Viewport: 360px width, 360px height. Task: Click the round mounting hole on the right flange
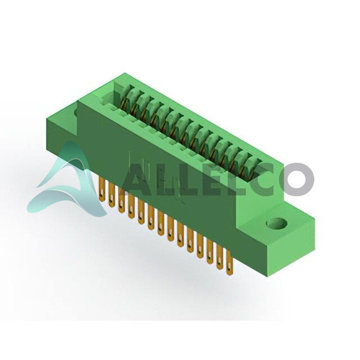(x=277, y=223)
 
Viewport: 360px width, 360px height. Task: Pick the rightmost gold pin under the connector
(x=229, y=263)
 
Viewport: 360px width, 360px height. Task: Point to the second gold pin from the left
(x=112, y=195)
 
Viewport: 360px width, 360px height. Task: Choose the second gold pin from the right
(x=220, y=258)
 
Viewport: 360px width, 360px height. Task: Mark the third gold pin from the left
(x=121, y=200)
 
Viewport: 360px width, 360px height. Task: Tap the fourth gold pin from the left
(x=131, y=206)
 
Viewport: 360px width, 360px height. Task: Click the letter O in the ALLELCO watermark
(x=296, y=179)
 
